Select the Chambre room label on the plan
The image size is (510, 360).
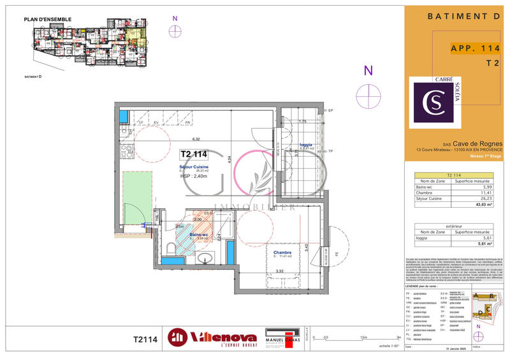(x=282, y=252)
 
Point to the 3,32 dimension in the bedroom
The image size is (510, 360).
(x=280, y=271)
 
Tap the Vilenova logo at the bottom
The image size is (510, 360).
(x=212, y=338)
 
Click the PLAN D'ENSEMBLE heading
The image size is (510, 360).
(x=48, y=20)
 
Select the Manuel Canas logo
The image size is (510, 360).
(x=282, y=338)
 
